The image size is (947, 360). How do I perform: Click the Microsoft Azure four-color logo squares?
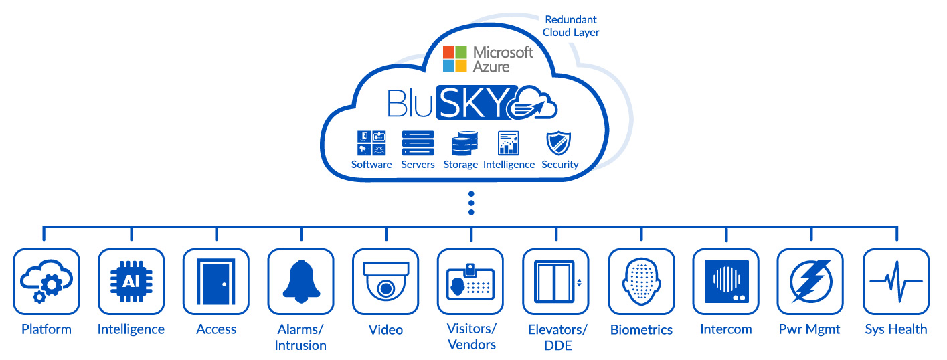click(x=455, y=59)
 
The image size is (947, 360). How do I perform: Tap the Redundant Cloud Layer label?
click(x=571, y=26)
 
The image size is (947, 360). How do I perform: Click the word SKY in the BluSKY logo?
click(x=477, y=102)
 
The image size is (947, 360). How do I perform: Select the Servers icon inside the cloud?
click(x=418, y=143)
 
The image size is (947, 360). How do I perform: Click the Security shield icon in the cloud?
click(x=559, y=143)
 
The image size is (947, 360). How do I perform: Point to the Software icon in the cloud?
click(x=371, y=143)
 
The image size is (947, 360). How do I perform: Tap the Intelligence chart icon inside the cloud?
click(x=509, y=143)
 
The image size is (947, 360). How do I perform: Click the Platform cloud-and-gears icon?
click(x=46, y=282)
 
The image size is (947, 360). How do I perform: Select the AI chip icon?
click(x=131, y=282)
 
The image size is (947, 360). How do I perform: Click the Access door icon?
click(x=216, y=282)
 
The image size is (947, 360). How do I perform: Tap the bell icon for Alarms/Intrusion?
click(x=300, y=282)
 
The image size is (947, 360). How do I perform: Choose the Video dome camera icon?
click(x=385, y=282)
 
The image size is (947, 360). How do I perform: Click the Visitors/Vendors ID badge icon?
click(x=470, y=282)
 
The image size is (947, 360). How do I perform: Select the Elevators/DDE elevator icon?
click(x=555, y=282)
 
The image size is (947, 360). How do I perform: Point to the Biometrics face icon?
click(x=641, y=282)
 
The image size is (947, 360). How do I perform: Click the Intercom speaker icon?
click(x=725, y=282)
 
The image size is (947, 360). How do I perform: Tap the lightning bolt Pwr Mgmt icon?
click(x=810, y=282)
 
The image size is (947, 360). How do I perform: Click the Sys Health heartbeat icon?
click(x=895, y=282)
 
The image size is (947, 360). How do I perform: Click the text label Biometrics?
click(x=641, y=330)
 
